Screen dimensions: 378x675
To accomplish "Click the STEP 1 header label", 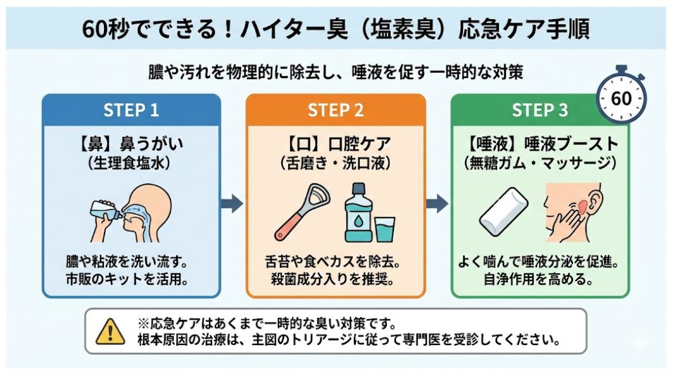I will coord(131,110).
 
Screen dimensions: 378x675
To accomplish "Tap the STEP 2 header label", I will coord(336,110).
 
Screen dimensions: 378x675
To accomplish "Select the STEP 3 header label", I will coord(539,110).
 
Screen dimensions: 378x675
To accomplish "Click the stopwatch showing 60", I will coord(621,98).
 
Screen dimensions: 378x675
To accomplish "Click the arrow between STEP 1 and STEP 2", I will coord(232,204).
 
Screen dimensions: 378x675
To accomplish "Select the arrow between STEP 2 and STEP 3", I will coord(437,204).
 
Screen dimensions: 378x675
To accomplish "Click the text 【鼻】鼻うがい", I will coord(131,143).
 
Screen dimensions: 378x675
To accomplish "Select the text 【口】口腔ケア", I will coord(336,143).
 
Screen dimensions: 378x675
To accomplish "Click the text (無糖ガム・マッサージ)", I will coord(539,162).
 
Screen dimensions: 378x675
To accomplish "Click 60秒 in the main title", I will coord(104,29).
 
